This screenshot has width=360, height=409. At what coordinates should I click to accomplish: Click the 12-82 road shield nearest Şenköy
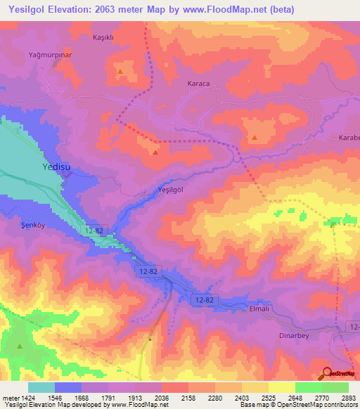(98, 231)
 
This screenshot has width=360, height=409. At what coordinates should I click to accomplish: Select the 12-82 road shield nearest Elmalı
(205, 300)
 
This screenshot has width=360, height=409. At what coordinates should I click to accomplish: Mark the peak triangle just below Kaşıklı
(121, 72)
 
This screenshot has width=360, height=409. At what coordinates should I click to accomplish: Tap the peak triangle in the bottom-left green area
(20, 346)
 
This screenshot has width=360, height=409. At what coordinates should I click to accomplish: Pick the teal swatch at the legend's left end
(41, 387)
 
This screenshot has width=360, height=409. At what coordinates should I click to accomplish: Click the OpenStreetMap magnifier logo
(326, 372)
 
